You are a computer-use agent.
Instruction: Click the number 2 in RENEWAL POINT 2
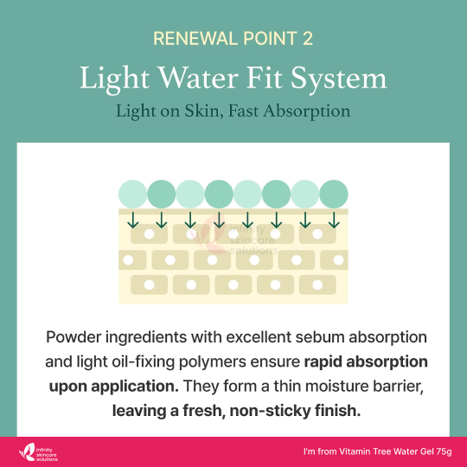pos(308,38)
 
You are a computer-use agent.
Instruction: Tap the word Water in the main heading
pos(198,78)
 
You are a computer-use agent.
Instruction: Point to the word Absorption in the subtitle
pos(307,112)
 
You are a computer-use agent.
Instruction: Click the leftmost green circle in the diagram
pos(132,194)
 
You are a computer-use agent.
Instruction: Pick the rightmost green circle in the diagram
pos(334,194)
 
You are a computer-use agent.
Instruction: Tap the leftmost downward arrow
pos(132,221)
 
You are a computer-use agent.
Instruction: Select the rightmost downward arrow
pos(334,221)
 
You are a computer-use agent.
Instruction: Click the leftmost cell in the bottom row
pos(149,285)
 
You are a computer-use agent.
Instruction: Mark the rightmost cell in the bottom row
pos(317,285)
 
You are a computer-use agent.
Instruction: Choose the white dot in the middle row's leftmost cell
pos(128,260)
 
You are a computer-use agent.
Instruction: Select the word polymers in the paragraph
pos(213,362)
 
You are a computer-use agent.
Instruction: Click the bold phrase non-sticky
pos(271,411)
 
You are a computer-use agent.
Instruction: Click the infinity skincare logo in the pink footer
pos(38,452)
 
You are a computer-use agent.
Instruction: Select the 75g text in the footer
pos(444,451)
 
